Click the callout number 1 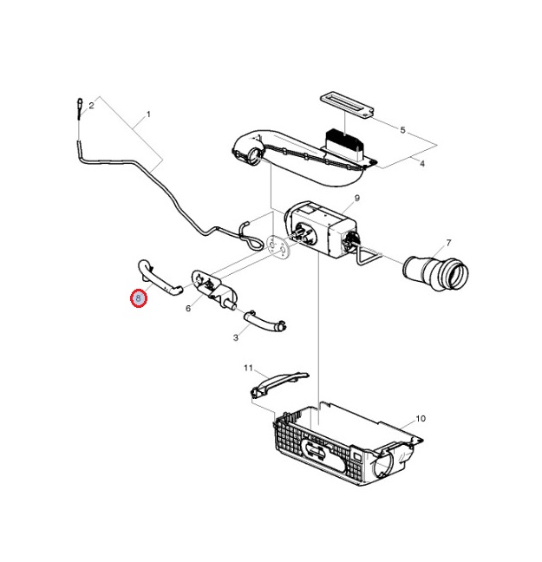(148, 114)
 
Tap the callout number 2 (91, 106)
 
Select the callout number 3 (236, 337)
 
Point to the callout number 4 (422, 164)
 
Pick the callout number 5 (402, 130)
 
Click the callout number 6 (188, 308)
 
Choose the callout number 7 (448, 243)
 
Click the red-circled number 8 (139, 297)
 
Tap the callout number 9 (356, 198)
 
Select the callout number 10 (421, 418)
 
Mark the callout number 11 (248, 368)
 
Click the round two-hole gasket (278, 245)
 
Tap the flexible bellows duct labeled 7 (435, 274)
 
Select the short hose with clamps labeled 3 (264, 322)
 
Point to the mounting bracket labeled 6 (214, 289)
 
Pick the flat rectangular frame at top (347, 105)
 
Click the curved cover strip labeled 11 (279, 384)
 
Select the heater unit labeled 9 (321, 229)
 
